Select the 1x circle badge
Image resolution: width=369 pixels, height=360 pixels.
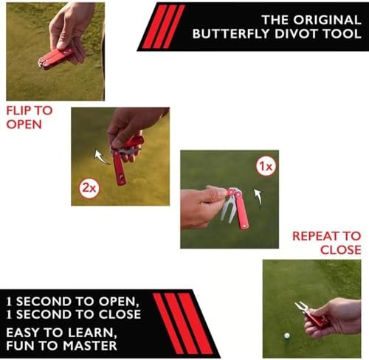(266, 167)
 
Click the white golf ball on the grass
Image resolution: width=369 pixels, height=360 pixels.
(287, 336)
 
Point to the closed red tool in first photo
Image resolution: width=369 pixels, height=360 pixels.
(55, 58)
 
